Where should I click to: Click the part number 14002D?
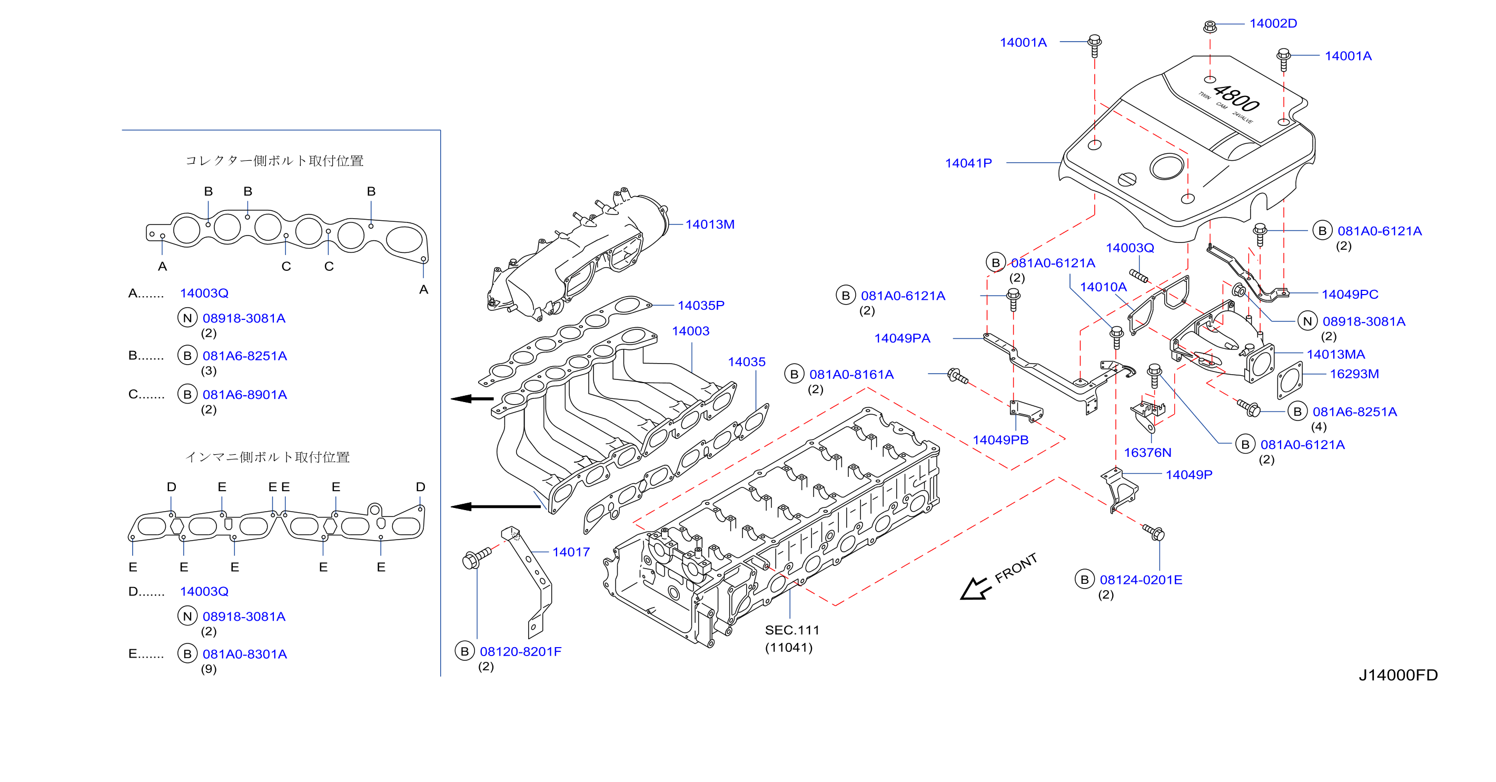(x=1273, y=23)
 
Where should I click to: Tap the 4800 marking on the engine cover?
(x=1236, y=98)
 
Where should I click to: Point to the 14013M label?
(x=710, y=224)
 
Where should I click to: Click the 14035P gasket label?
(x=701, y=305)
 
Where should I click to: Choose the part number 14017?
(x=571, y=552)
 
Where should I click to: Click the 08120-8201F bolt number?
(x=520, y=651)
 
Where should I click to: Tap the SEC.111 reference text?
(x=791, y=630)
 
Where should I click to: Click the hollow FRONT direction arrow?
(x=974, y=589)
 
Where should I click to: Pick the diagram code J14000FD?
(x=1398, y=675)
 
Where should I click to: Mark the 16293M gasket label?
(x=1354, y=374)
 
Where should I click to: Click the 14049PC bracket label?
(x=1350, y=294)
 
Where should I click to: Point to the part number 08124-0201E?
(x=1141, y=579)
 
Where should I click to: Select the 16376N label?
(x=1147, y=453)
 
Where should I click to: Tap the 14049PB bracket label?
(x=1000, y=440)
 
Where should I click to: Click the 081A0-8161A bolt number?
(x=851, y=374)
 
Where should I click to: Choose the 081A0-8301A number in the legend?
(x=244, y=653)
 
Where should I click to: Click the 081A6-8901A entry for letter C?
(x=244, y=395)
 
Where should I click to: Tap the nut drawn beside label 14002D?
(x=1210, y=26)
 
